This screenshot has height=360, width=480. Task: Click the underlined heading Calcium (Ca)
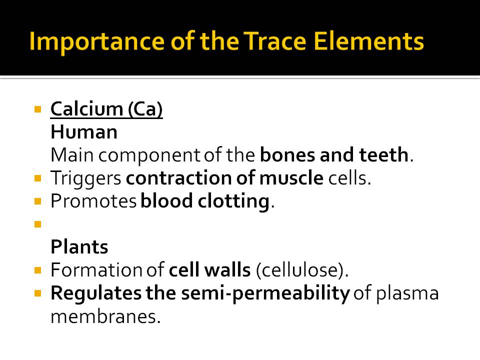tap(106, 109)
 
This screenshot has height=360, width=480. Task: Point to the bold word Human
tap(84, 132)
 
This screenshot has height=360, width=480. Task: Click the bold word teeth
tap(384, 155)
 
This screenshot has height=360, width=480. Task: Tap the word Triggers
tap(86, 178)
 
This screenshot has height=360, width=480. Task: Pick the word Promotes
tap(93, 201)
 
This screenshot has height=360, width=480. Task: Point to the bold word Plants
tap(79, 247)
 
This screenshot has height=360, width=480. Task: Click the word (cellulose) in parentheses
tap(301, 270)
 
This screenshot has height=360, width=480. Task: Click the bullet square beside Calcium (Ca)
tap(37, 108)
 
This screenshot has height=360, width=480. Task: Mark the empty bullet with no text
tap(37, 224)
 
